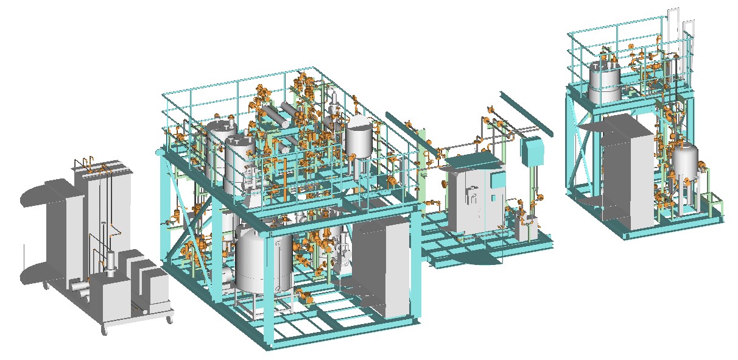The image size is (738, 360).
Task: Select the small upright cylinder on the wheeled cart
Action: coord(111,263)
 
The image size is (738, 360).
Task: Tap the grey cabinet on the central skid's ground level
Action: coord(382,268)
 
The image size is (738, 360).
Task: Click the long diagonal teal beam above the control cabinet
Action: coord(524,113)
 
